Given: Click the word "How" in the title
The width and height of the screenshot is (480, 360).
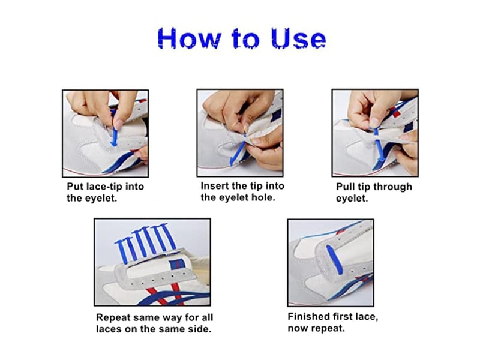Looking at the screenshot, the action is (x=189, y=38).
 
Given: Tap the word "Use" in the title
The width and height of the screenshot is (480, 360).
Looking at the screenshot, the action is (x=298, y=38).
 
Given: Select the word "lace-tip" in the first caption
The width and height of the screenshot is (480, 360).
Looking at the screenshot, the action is (x=106, y=187).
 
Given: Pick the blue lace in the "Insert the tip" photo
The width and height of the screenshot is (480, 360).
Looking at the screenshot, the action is (x=238, y=152).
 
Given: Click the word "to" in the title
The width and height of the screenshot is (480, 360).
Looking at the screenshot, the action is (x=246, y=39).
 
